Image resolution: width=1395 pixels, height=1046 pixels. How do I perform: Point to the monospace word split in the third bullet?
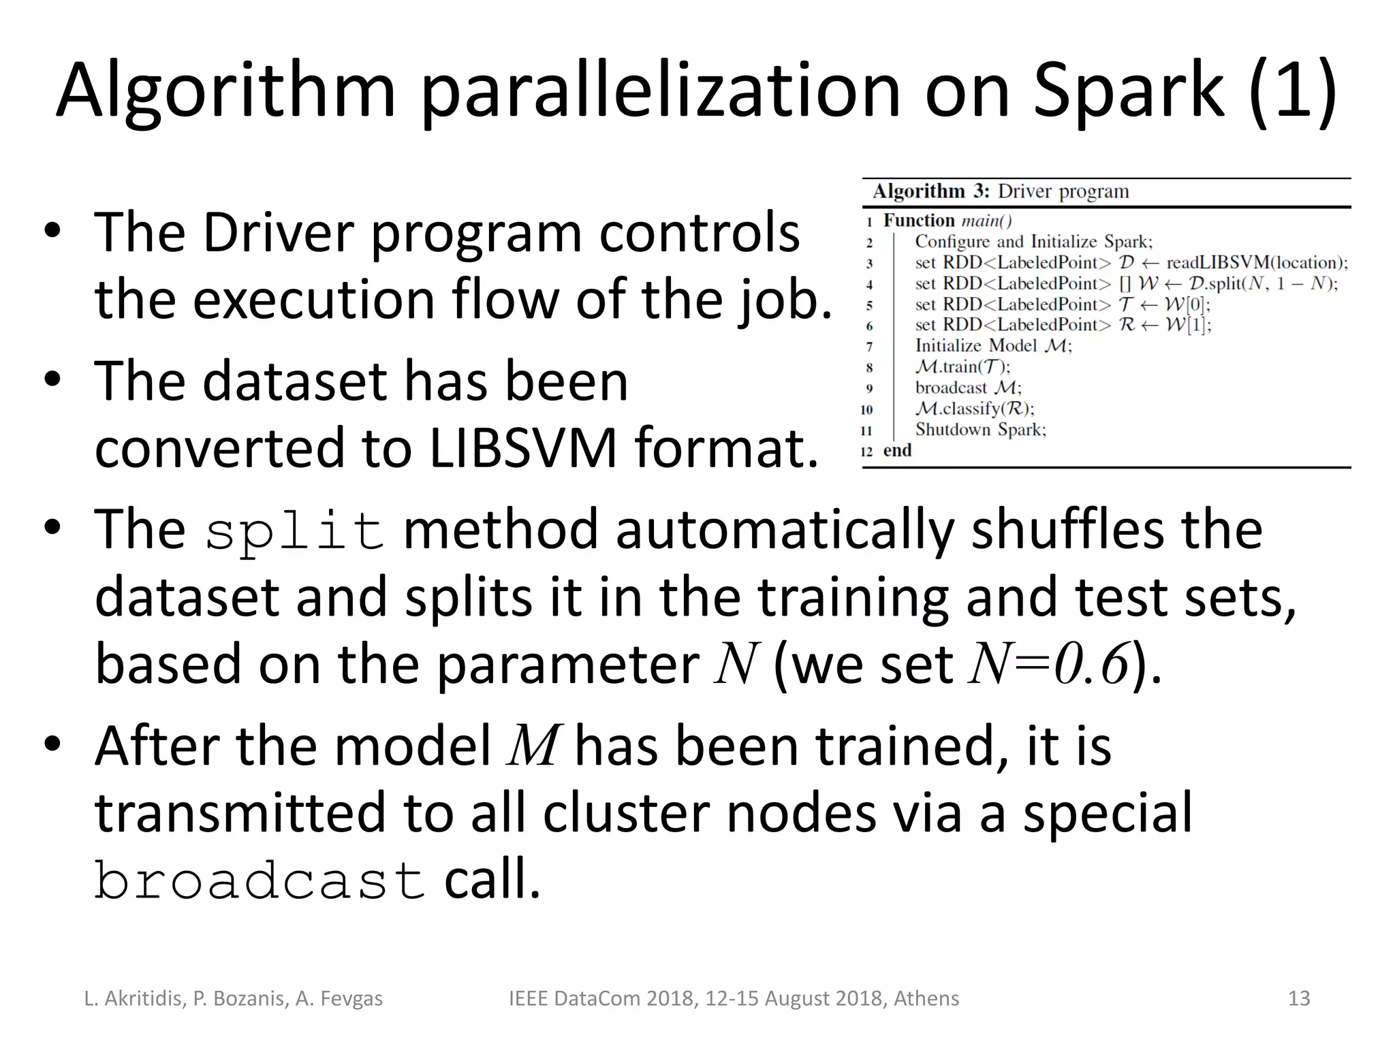pos(294,533)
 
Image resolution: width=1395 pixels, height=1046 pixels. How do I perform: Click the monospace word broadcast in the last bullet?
pos(260,881)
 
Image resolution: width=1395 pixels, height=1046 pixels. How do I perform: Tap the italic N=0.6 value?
pos(1050,665)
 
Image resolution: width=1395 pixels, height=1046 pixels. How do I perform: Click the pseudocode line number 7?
pos(870,347)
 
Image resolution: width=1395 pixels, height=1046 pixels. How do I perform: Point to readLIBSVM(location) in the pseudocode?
pos(1257,263)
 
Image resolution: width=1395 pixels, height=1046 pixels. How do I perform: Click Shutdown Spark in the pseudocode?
pos(980,430)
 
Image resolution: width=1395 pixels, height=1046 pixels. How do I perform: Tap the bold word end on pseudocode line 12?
pos(897,451)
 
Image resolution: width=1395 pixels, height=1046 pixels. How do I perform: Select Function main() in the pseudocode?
pos(947,221)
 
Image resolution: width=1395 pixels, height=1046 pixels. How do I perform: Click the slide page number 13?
pos(1299,998)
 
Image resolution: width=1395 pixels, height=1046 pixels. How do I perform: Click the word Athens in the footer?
pos(926,998)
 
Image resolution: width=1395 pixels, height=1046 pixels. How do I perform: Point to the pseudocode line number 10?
pos(866,410)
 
